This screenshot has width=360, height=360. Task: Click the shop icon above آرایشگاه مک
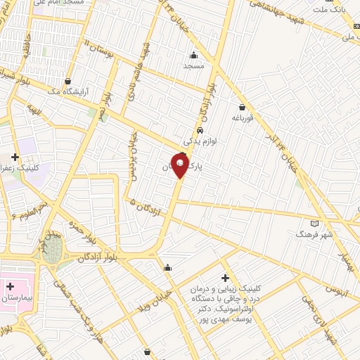[67, 81]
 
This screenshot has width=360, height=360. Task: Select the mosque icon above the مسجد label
[193, 55]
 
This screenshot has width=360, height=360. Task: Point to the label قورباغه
[243, 119]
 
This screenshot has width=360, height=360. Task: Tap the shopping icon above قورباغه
[243, 108]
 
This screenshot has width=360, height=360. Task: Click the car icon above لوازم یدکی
[200, 131]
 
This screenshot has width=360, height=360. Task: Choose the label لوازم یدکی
[199, 141]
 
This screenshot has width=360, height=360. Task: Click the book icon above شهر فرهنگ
[304, 223]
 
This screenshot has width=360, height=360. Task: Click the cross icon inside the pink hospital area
[11, 286]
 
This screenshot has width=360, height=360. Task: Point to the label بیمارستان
[15, 298]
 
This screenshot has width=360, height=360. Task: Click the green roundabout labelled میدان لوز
[51, 252]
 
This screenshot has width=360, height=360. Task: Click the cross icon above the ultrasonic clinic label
[225, 277]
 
